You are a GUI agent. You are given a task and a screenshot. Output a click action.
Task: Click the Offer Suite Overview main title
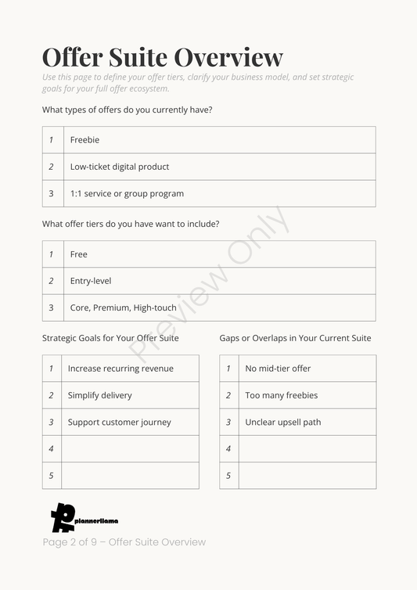(x=162, y=57)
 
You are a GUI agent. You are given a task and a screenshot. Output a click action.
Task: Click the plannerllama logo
(x=83, y=518)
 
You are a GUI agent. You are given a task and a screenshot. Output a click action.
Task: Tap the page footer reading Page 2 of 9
(x=124, y=542)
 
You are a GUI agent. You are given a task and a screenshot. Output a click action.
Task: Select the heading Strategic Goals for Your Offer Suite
(x=110, y=338)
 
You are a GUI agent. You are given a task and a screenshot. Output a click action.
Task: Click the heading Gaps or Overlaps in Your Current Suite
(x=295, y=338)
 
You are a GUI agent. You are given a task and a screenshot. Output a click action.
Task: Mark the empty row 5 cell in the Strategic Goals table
(x=130, y=475)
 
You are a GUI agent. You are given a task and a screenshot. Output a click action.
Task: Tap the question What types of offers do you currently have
(x=127, y=110)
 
